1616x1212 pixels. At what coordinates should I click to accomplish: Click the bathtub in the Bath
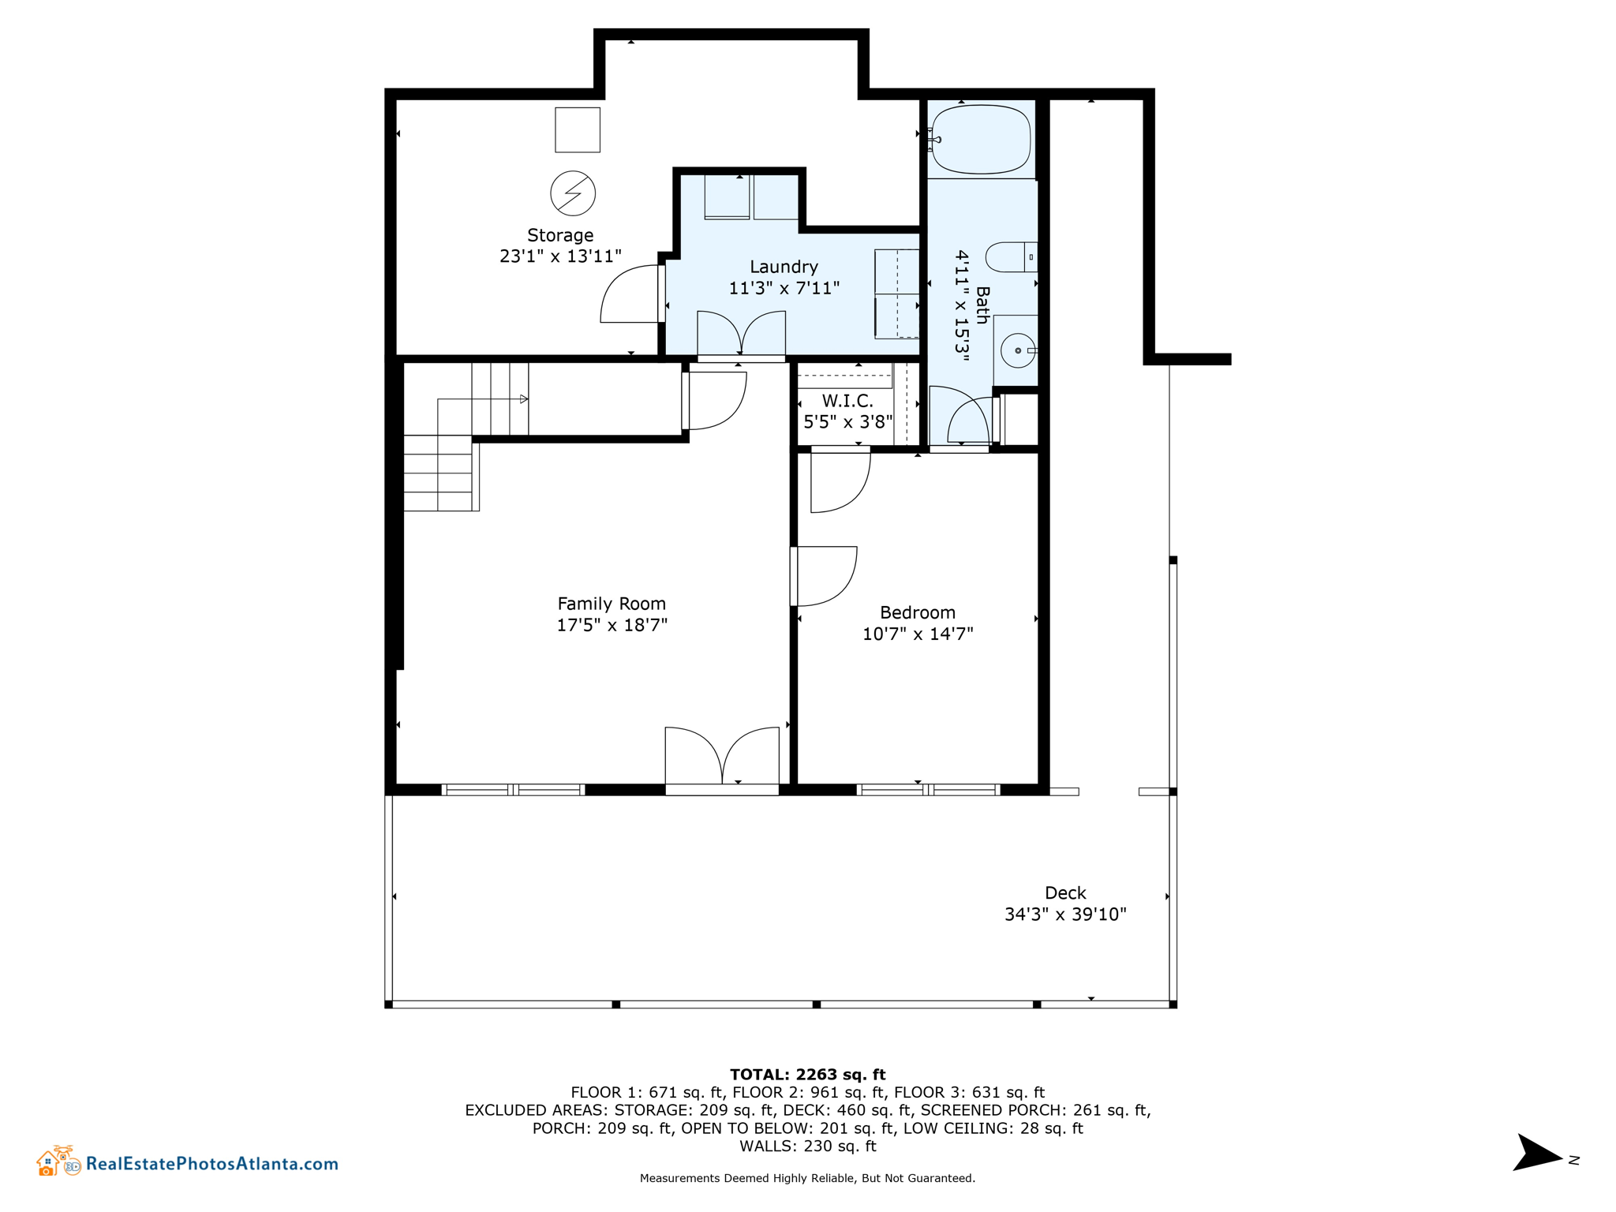(981, 140)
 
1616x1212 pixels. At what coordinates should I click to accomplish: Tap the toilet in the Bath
(1009, 257)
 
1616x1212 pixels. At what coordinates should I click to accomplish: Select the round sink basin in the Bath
(1018, 350)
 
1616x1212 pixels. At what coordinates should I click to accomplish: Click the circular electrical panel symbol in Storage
(573, 193)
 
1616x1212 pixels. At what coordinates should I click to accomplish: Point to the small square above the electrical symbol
(578, 130)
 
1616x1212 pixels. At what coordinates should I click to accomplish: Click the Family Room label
(612, 604)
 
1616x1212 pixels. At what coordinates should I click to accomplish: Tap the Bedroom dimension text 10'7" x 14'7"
(918, 634)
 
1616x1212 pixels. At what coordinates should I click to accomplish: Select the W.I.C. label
(847, 401)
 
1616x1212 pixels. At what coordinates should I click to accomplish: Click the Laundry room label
(784, 267)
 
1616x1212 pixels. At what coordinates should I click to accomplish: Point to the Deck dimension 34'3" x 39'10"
(1065, 914)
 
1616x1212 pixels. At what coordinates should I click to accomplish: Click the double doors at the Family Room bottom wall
(722, 757)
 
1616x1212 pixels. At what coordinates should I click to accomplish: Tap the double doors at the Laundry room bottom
(741, 335)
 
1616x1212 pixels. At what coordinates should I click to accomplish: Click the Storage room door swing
(630, 294)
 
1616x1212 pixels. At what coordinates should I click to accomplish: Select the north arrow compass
(1537, 1154)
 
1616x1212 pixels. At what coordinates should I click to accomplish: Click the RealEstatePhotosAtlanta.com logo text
(211, 1163)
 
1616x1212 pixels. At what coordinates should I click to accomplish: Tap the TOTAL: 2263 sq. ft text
(807, 1074)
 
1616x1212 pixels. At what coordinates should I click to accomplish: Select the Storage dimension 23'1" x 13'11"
(560, 256)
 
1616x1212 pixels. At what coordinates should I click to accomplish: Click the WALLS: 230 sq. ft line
(807, 1146)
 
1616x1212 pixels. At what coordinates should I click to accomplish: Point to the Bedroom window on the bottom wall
(928, 789)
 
